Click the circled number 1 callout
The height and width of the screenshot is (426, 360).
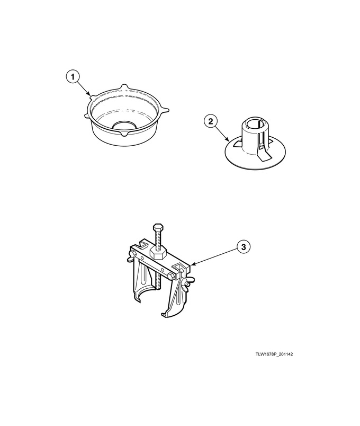pyautogui.click(x=73, y=77)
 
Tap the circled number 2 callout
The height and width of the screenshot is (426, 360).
pyautogui.click(x=211, y=121)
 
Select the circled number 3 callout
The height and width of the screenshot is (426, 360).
pyautogui.click(x=244, y=247)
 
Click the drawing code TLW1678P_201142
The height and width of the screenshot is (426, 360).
pyautogui.click(x=274, y=354)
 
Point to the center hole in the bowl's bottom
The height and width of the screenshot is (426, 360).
pyautogui.click(x=124, y=125)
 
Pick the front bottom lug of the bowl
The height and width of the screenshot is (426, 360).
pyautogui.click(x=124, y=134)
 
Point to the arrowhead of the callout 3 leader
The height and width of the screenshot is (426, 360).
pyautogui.click(x=192, y=264)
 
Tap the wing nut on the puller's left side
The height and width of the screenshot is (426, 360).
pyautogui.click(x=131, y=256)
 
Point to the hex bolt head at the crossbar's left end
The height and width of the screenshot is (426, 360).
pyautogui.click(x=133, y=254)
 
